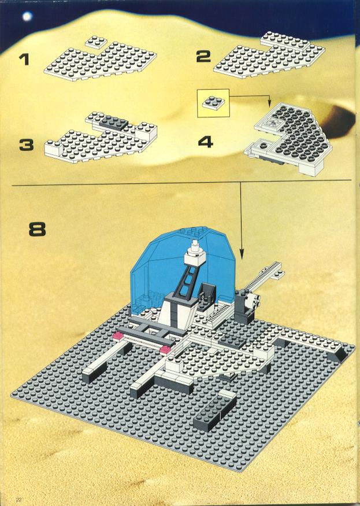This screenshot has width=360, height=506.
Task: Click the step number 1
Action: pos(24,60)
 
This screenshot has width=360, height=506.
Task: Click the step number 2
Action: pos(204,57)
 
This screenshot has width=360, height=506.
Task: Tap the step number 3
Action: pos(27,145)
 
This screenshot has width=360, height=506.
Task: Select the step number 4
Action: pos(206,142)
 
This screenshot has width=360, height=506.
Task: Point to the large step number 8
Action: pos(38,230)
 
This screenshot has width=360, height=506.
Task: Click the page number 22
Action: pos(18,500)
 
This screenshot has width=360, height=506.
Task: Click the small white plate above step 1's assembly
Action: pos(95,42)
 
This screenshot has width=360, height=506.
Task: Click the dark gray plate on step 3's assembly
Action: pos(114,123)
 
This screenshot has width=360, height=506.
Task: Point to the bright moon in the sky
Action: pos(27,16)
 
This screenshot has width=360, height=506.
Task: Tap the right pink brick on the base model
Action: pos(166,349)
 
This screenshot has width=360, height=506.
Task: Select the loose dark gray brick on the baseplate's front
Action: pos(215,410)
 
